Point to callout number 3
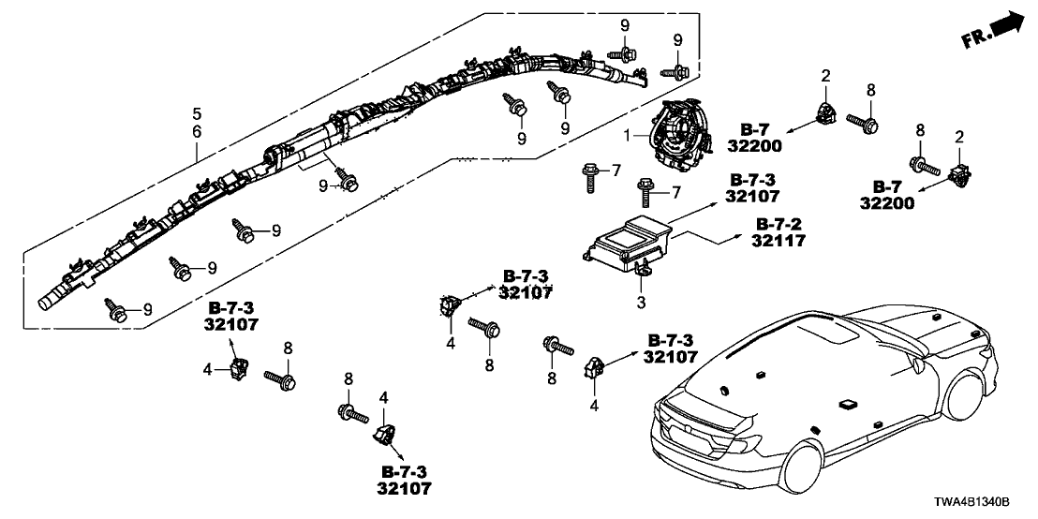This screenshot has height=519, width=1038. [x=642, y=302]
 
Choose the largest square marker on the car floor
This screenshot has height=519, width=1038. [x=848, y=405]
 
